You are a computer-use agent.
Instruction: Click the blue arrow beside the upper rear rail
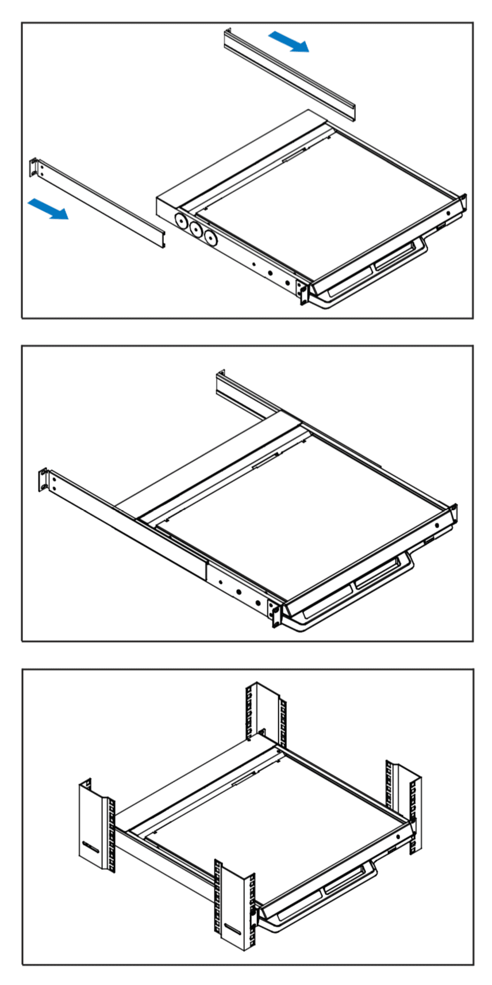(x=289, y=41)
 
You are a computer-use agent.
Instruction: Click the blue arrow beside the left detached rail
(x=48, y=208)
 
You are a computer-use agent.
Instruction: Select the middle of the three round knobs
(x=197, y=230)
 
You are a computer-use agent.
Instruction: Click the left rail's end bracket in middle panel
(x=44, y=480)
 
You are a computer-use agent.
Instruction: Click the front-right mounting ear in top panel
(x=463, y=204)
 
